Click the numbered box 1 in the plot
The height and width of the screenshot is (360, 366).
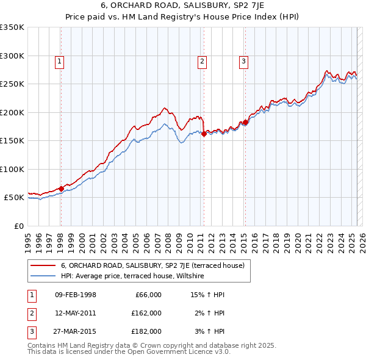(x=60, y=60)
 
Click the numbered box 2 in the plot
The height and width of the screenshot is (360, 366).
(x=202, y=60)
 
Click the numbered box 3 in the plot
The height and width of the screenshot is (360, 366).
(x=243, y=60)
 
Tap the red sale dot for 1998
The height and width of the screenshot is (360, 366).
(x=61, y=189)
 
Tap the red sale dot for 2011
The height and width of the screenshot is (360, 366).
(x=203, y=134)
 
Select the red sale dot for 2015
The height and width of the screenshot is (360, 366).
(x=245, y=123)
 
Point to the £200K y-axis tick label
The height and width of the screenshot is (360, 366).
(x=12, y=112)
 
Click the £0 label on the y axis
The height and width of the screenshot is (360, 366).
(x=18, y=226)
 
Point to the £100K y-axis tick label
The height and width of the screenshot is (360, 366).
(x=12, y=169)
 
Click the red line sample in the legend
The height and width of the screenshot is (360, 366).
(x=42, y=265)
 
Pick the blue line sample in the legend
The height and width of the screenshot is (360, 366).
(x=42, y=276)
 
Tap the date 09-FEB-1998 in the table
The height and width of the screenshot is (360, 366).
(x=76, y=295)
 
